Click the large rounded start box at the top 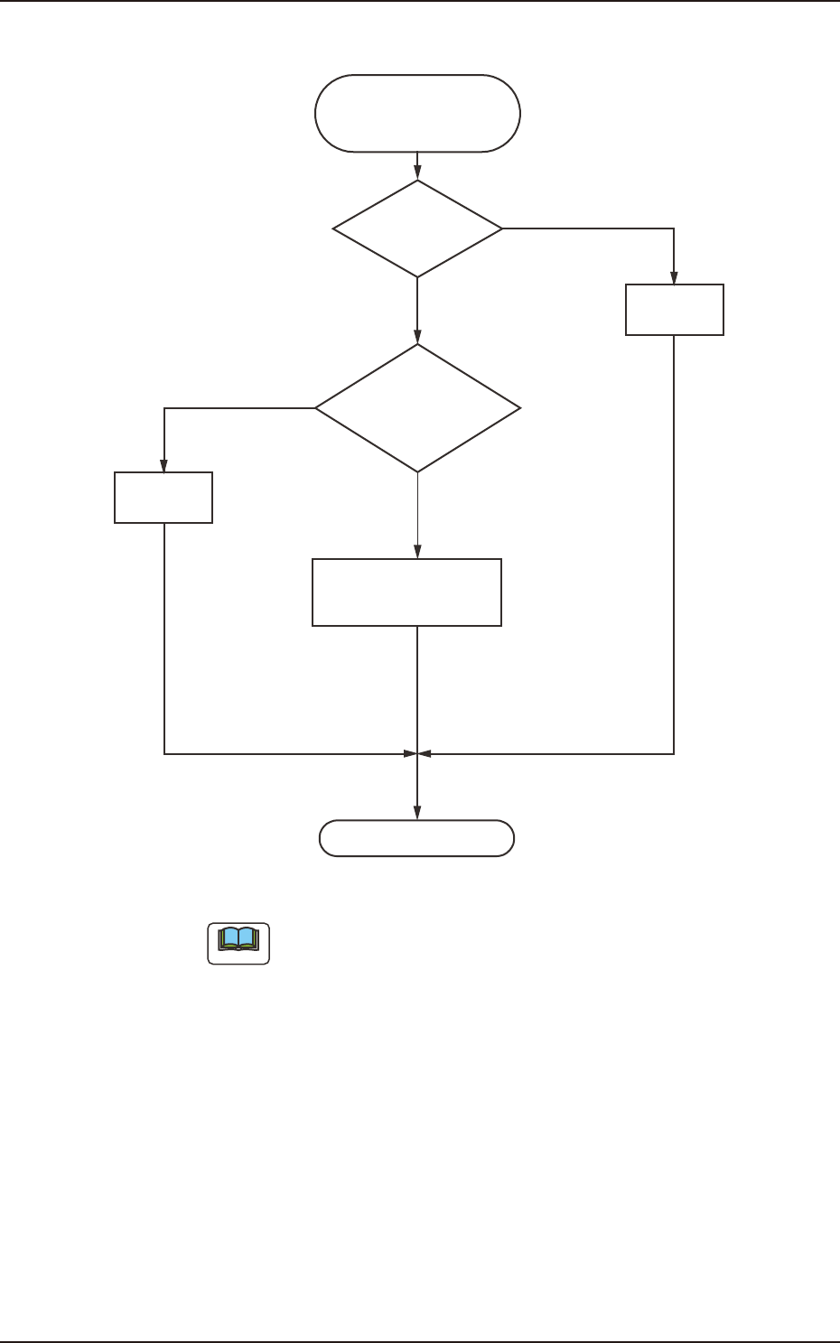417,113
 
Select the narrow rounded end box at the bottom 416,838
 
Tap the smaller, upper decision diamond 417,228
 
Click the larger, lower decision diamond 417,408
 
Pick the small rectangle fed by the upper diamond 675,310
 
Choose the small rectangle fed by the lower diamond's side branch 163,497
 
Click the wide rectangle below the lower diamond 406,592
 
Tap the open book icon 238,942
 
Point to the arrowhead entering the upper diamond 417,173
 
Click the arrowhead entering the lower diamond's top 417,337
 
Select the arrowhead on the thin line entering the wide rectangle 417,552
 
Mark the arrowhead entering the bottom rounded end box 417,814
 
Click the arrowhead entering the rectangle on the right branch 674,278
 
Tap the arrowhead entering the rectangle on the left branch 163,466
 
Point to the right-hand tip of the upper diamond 502,228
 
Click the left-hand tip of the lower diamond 315,408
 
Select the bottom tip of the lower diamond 417,471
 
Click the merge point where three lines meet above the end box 417,753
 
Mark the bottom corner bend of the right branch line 674,753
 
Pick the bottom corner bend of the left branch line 164,753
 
